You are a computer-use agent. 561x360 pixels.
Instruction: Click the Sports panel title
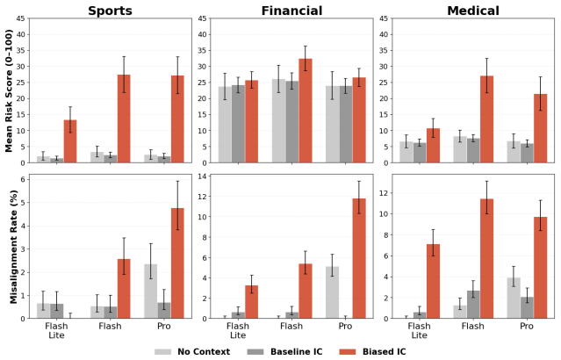pyautogui.click(x=111, y=11)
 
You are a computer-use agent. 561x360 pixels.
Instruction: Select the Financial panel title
pyautogui.click(x=291, y=11)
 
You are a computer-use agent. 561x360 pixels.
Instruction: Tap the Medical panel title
pyautogui.click(x=473, y=11)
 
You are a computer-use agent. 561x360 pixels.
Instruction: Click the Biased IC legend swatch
pyautogui.click(x=348, y=352)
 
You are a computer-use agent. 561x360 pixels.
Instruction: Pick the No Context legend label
pyautogui.click(x=204, y=352)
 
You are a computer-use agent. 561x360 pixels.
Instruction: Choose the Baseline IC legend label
pyautogui.click(x=296, y=352)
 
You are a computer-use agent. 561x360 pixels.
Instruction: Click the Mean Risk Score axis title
pyautogui.click(x=9, y=91)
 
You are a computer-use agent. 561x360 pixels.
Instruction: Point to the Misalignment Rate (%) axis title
pyautogui.click(x=13, y=247)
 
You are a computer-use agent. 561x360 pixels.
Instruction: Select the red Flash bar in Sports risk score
pyautogui.click(x=124, y=119)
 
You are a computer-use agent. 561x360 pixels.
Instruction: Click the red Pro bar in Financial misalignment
pyautogui.click(x=359, y=258)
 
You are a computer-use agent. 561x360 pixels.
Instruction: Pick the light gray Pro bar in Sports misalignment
pyautogui.click(x=151, y=291)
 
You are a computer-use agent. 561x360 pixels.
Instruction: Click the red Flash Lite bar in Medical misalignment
pyautogui.click(x=433, y=281)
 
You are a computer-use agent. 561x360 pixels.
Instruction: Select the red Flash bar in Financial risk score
pyautogui.click(x=306, y=111)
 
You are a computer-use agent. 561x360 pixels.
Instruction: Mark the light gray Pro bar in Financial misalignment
pyautogui.click(x=332, y=292)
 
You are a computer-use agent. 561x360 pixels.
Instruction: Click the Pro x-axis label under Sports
pyautogui.click(x=164, y=327)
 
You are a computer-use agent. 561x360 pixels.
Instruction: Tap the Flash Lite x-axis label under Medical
pyautogui.click(x=419, y=331)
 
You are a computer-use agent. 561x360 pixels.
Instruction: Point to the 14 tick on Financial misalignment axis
pyautogui.click(x=203, y=176)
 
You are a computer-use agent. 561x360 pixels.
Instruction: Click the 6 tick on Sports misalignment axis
pyautogui.click(x=23, y=179)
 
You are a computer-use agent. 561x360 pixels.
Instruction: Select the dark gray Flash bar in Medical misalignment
pyautogui.click(x=473, y=304)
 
